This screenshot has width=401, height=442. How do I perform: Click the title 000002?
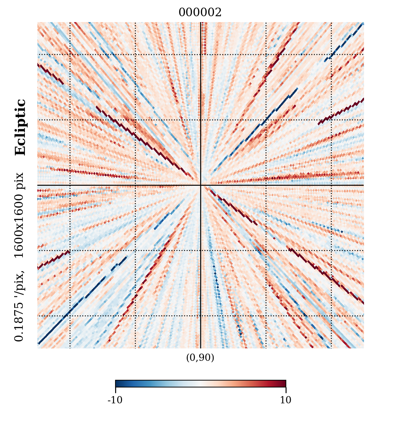200,13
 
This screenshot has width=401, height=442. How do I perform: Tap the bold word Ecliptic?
20,127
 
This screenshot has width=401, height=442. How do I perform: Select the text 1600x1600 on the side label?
19,226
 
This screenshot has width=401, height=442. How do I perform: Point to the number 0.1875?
19,321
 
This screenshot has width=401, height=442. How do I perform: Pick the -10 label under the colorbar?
115,400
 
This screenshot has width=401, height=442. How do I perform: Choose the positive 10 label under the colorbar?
286,400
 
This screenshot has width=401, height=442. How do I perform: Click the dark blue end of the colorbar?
118,383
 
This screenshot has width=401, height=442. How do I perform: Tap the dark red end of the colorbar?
283,383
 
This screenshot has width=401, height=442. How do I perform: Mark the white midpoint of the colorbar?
200,383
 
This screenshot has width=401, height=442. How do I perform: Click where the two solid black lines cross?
200,185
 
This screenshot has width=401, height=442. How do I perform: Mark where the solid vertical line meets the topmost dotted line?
200,55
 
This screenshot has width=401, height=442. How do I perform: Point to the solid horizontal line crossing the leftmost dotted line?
70,185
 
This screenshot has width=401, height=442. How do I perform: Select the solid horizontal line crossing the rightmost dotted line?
331,185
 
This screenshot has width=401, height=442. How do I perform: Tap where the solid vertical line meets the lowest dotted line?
200,316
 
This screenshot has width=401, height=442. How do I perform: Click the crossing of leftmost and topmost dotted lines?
70,55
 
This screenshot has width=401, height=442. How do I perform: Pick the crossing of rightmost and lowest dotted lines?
331,316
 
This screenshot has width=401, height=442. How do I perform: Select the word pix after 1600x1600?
19,181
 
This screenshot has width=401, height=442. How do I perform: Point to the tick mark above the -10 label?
115,390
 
